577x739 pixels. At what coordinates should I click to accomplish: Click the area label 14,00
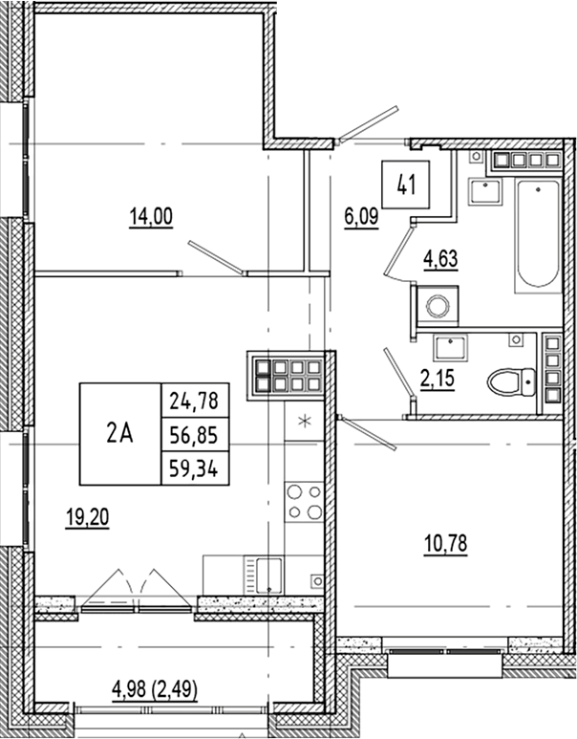(151, 217)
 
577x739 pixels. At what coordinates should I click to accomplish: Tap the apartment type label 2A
(119, 433)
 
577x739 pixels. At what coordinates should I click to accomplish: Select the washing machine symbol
(438, 307)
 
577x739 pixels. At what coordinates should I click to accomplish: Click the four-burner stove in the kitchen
(305, 503)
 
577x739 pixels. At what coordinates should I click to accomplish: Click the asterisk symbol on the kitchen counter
(305, 422)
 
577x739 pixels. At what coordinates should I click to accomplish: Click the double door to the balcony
(138, 588)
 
